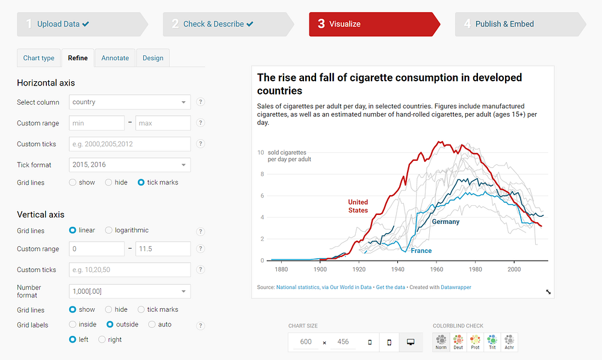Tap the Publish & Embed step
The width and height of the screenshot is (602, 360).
504,24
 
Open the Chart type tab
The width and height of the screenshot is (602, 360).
39,58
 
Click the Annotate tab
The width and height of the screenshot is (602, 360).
115,58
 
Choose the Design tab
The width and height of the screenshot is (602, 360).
153,58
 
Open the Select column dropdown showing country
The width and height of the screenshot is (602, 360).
129,102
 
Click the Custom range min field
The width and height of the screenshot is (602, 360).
96,123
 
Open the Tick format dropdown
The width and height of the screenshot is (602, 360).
129,165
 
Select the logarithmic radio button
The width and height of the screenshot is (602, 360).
109,230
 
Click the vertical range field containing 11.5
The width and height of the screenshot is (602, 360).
163,249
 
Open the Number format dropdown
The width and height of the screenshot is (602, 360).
129,291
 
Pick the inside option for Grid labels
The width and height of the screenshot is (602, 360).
73,324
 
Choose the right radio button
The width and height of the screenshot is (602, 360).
102,340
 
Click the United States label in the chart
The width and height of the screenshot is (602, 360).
358,206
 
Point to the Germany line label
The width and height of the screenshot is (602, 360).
445,222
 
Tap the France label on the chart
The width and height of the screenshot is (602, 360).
421,250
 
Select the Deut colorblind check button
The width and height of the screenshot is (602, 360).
459,342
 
